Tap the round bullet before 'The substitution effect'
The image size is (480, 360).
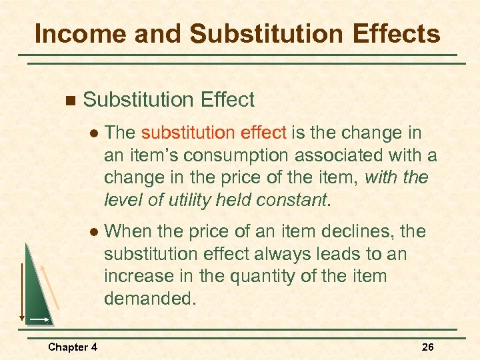[94, 134]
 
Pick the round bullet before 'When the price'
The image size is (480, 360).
[94, 233]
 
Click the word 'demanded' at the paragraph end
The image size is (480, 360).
[149, 298]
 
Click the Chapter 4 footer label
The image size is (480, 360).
[73, 347]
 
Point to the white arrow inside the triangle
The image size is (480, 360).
[39, 320]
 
